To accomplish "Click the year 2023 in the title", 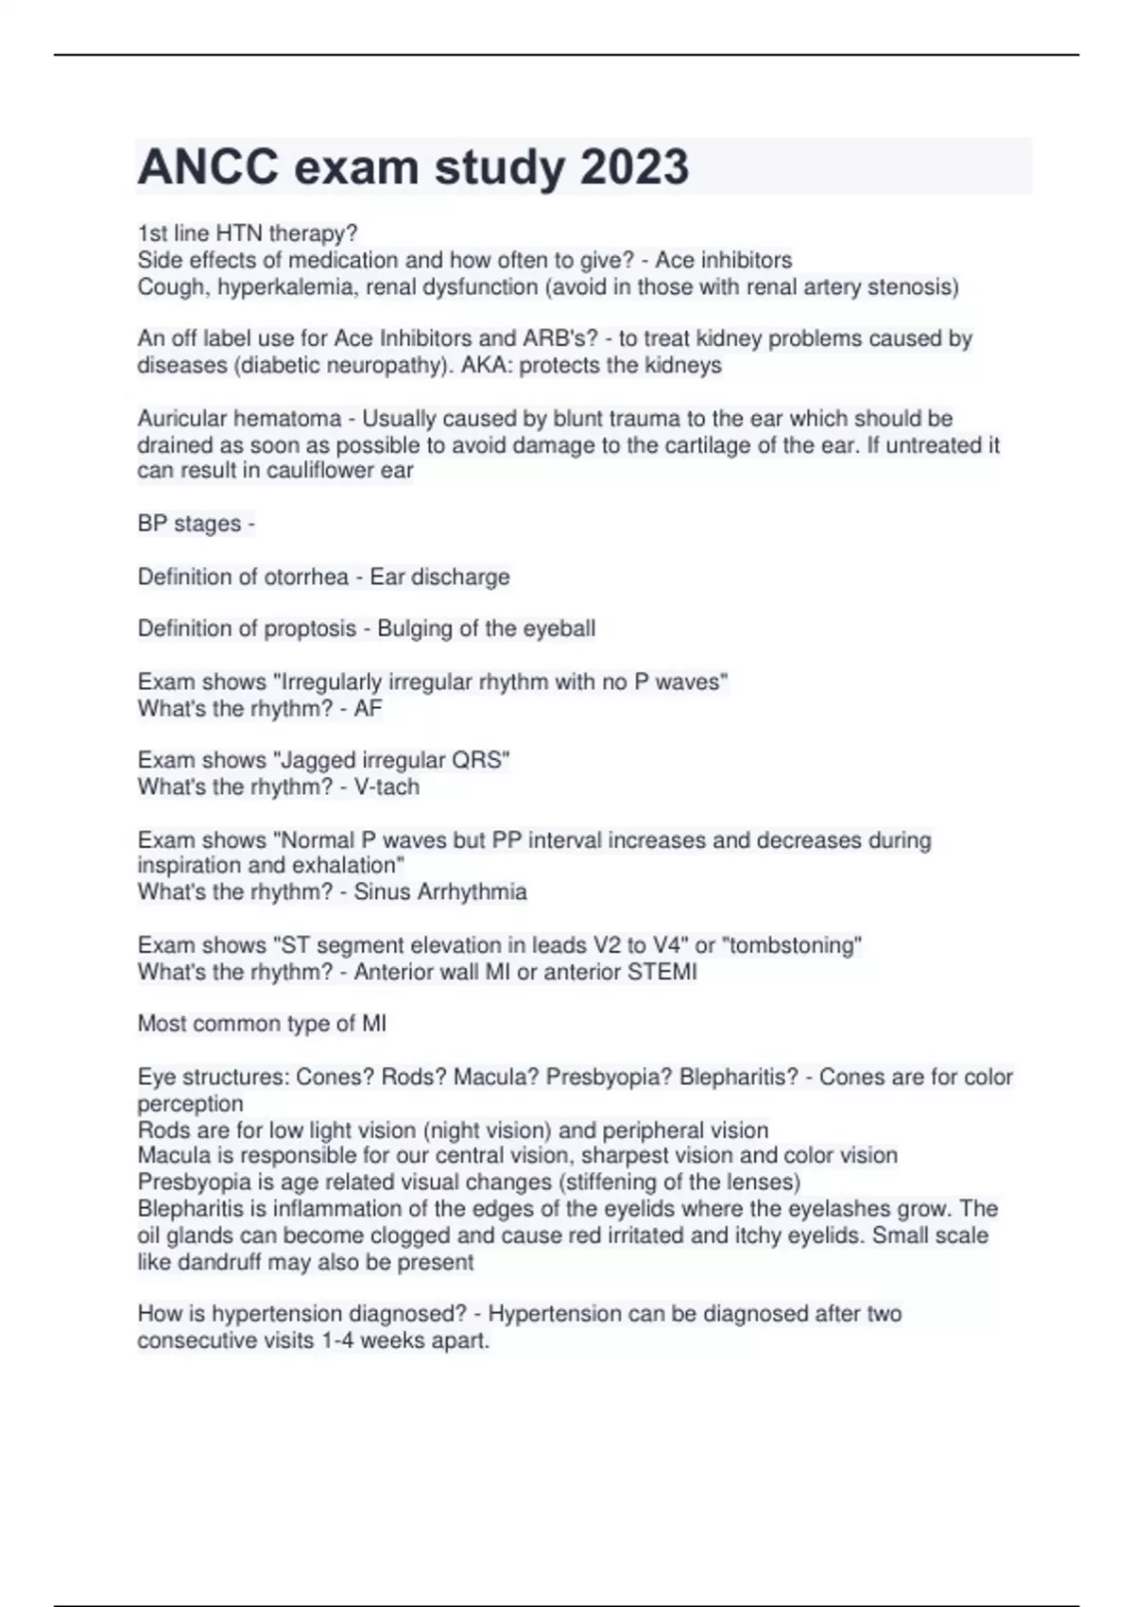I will [x=634, y=167].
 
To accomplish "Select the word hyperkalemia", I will [x=286, y=287].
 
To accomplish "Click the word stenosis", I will [x=913, y=287].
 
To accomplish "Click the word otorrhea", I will [x=303, y=577].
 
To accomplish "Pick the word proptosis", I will [x=313, y=629].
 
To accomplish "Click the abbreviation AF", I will [x=368, y=708].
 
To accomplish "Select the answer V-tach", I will [x=387, y=786].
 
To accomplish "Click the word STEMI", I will [x=661, y=972].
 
